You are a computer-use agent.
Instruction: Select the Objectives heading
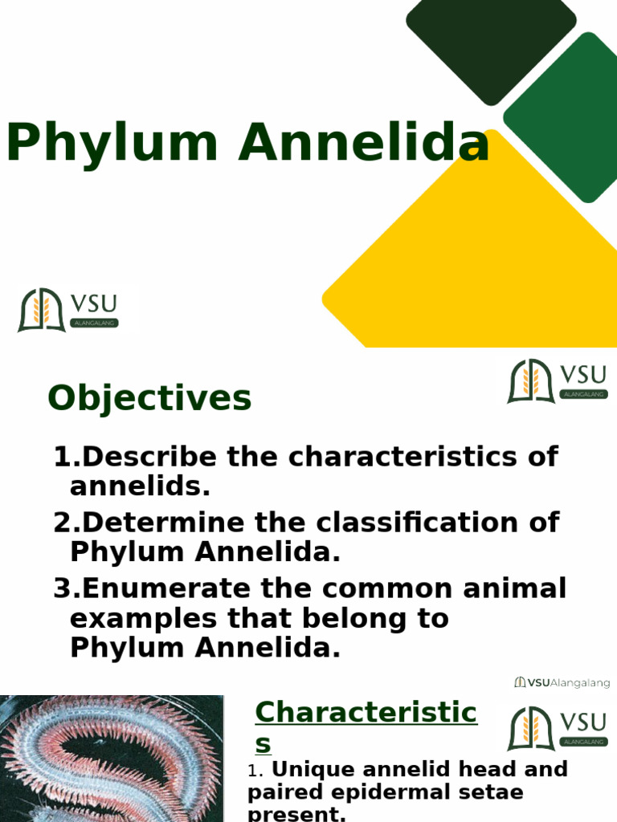click(x=149, y=398)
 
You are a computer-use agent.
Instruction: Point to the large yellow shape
click(x=474, y=265)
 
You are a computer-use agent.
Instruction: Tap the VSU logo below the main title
click(x=68, y=311)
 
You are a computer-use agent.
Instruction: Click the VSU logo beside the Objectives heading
click(x=557, y=381)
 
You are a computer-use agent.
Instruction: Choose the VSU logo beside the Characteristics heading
click(x=557, y=729)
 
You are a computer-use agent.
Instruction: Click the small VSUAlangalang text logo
click(x=562, y=683)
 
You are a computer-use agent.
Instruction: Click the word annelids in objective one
click(x=140, y=486)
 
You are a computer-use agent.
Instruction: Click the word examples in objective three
click(x=142, y=619)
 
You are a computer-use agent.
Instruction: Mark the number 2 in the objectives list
click(x=63, y=523)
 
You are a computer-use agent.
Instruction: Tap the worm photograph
click(x=111, y=759)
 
